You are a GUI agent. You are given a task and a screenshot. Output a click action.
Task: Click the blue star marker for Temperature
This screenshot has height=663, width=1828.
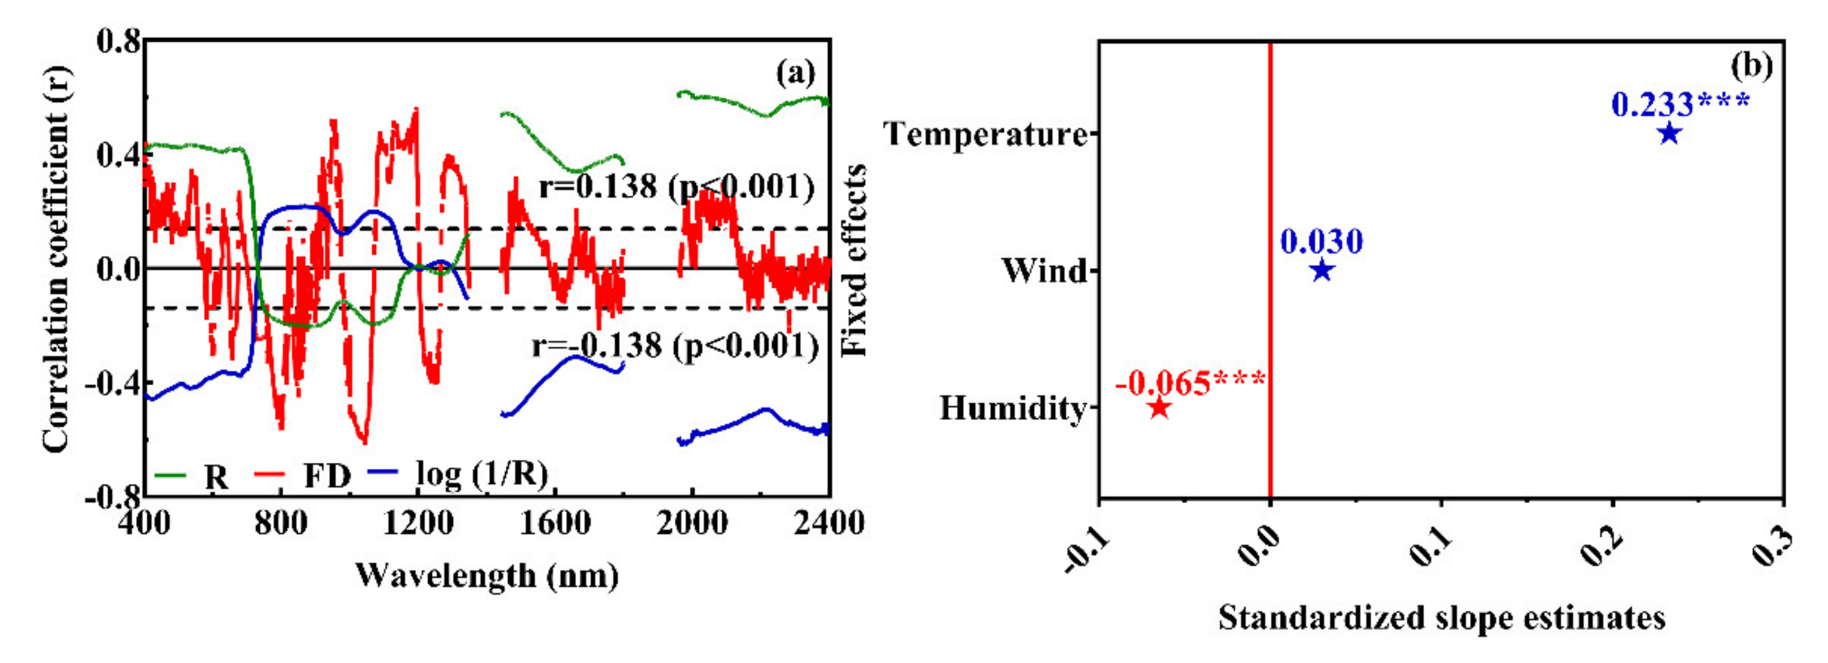(1670, 134)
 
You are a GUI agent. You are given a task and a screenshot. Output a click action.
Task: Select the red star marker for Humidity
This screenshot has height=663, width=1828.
(1159, 408)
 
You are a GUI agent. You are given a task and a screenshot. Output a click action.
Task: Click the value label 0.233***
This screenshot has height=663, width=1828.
(1679, 104)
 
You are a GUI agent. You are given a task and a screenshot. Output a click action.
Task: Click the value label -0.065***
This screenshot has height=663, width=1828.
(1190, 383)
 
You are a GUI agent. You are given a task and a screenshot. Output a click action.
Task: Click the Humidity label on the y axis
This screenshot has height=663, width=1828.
(1013, 408)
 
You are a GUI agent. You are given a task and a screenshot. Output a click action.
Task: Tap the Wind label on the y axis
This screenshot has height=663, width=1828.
(1044, 270)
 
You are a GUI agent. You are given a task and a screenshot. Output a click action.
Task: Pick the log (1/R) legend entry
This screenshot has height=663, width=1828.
(481, 474)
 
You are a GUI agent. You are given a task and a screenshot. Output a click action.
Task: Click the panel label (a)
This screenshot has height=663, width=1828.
(795, 73)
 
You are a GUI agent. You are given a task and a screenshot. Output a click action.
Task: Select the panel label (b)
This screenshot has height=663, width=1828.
(1752, 66)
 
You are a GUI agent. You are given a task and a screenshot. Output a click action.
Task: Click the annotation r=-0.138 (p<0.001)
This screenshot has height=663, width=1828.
(675, 345)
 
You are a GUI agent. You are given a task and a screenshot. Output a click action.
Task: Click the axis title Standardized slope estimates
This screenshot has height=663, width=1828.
(1442, 618)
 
